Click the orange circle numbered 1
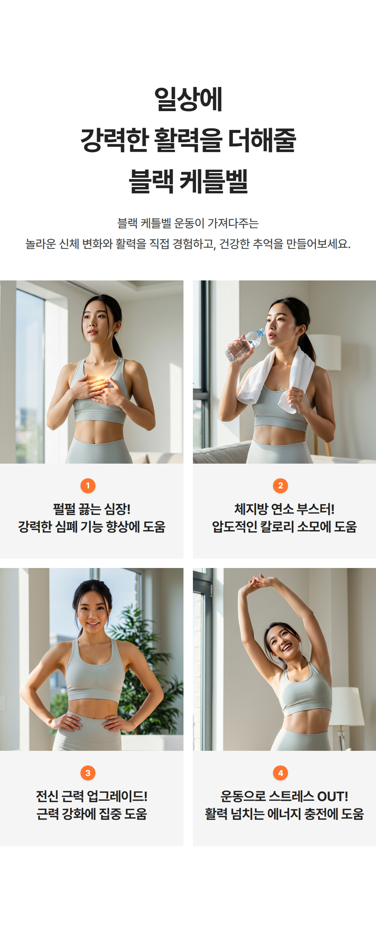click(88, 485)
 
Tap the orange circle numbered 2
click(280, 485)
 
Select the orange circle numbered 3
click(88, 773)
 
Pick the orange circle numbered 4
click(280, 773)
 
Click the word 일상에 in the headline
click(188, 99)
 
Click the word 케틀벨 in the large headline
click(214, 181)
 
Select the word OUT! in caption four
click(333, 796)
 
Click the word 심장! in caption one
click(117, 509)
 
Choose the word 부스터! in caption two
click(315, 509)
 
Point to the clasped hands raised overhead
click(259, 581)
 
